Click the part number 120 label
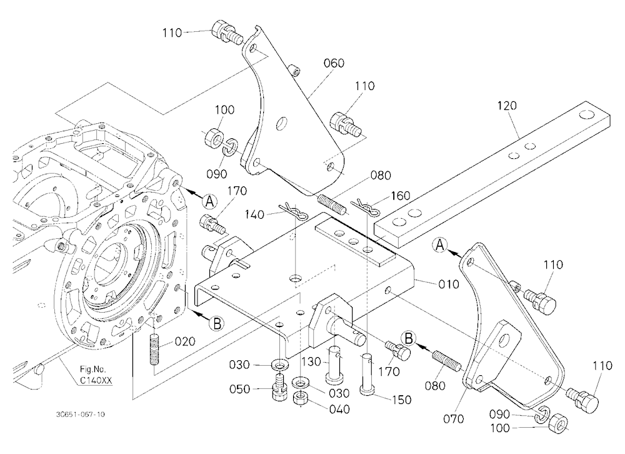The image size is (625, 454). tap(507, 106)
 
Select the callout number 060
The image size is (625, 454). tap(334, 63)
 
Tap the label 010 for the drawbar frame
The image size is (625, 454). tap(449, 284)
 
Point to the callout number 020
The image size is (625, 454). tap(185, 341)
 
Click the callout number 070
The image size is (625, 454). tap(454, 419)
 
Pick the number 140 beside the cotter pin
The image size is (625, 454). tap(255, 214)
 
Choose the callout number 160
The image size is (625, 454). tap(400, 196)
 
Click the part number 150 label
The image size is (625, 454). tap(401, 400)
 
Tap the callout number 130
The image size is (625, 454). tap(311, 362)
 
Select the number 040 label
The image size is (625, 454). tap(339, 410)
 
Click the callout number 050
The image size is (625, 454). tap(239, 389)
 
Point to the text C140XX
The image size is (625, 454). tap(96, 381)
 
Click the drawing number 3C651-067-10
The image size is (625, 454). tap(81, 415)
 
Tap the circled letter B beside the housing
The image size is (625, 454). tap(217, 324)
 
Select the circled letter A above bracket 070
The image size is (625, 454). tap(440, 245)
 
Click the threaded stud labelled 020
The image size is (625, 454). tap(154, 349)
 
